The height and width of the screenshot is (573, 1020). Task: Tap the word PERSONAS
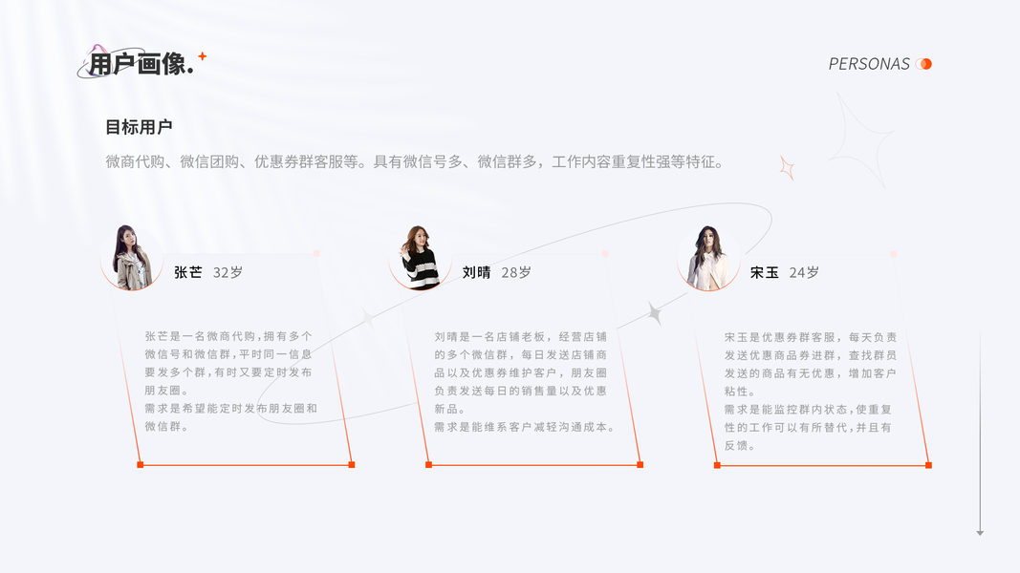click(x=869, y=64)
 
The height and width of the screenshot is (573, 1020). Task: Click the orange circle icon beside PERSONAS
click(x=923, y=64)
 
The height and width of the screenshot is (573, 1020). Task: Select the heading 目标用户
click(x=139, y=127)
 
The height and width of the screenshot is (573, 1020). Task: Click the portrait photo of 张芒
click(x=131, y=258)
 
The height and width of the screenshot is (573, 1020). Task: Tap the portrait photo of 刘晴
click(x=420, y=258)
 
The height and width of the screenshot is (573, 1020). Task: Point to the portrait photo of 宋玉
click(x=708, y=258)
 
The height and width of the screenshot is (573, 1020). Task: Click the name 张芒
click(x=188, y=272)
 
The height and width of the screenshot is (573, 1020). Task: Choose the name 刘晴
click(x=476, y=272)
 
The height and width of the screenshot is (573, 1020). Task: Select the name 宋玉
click(x=765, y=272)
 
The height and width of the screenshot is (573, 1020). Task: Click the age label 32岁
click(x=228, y=272)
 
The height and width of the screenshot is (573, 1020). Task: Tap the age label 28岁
click(x=516, y=272)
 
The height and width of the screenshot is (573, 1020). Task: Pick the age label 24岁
click(x=804, y=272)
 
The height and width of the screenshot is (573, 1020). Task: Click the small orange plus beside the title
click(x=202, y=56)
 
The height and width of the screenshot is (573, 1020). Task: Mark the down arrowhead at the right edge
click(x=980, y=532)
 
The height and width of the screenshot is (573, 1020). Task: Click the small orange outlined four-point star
click(x=787, y=168)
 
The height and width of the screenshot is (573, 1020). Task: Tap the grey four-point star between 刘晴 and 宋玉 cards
click(x=655, y=313)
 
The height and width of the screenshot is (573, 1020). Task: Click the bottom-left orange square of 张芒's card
click(x=141, y=465)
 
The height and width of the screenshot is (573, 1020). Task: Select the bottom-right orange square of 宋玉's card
click(x=928, y=465)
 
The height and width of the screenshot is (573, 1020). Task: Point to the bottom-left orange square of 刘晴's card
click(x=428, y=465)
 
